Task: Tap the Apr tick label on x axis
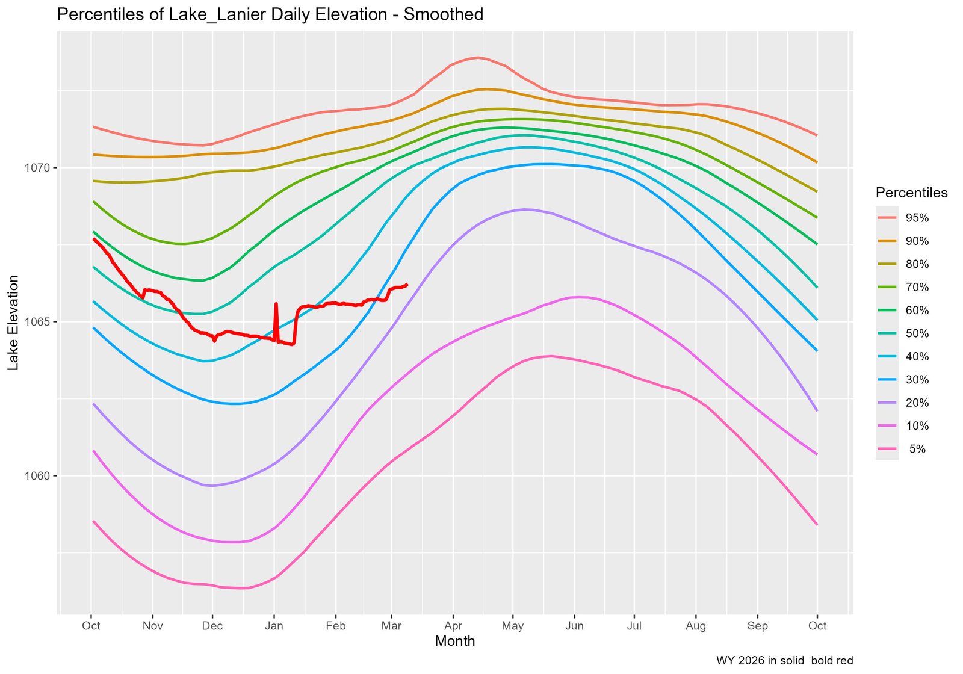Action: [453, 626]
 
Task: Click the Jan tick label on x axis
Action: [274, 626]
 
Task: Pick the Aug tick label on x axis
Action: [696, 626]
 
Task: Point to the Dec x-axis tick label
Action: [212, 626]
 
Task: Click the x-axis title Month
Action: [454, 642]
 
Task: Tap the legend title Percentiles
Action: [911, 193]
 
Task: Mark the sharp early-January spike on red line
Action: [276, 304]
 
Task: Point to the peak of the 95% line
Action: [477, 58]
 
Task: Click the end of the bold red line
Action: [407, 285]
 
